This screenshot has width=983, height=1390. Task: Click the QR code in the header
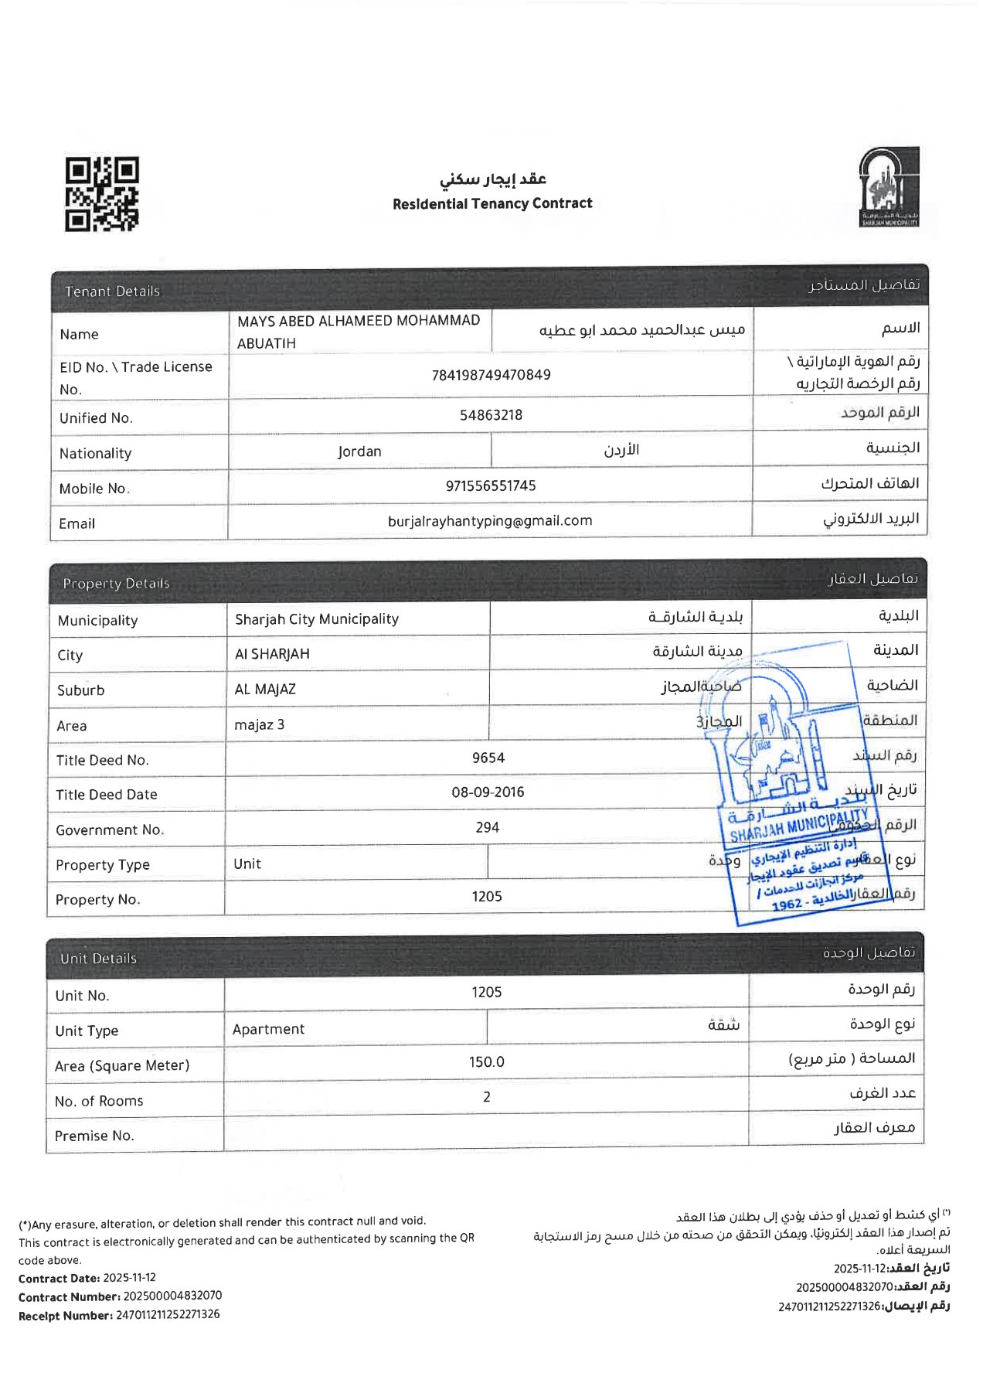point(101,194)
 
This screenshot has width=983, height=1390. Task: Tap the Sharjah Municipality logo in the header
point(889,187)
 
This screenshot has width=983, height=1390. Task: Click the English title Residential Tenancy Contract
point(492,203)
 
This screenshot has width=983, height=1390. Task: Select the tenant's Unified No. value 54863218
point(491,415)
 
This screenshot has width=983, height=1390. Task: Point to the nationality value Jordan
point(359,451)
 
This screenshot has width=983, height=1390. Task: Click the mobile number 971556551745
point(491,485)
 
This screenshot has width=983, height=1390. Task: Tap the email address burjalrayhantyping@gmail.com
point(490,521)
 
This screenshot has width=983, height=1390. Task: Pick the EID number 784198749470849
point(491,375)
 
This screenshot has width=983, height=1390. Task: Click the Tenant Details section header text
point(112,291)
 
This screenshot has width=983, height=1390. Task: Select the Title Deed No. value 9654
point(488,758)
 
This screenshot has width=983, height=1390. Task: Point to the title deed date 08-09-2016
point(488,792)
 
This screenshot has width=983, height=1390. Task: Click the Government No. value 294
point(488,827)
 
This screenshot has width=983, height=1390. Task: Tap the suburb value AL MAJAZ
point(265,689)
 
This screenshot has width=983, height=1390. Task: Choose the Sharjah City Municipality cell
point(317,618)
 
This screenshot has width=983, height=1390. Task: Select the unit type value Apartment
point(268,1029)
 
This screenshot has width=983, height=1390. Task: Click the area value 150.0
point(486,1062)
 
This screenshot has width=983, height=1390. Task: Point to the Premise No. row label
point(94,1136)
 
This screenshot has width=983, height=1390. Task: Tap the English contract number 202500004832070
point(172,1295)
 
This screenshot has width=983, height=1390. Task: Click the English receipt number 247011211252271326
point(168,1314)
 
